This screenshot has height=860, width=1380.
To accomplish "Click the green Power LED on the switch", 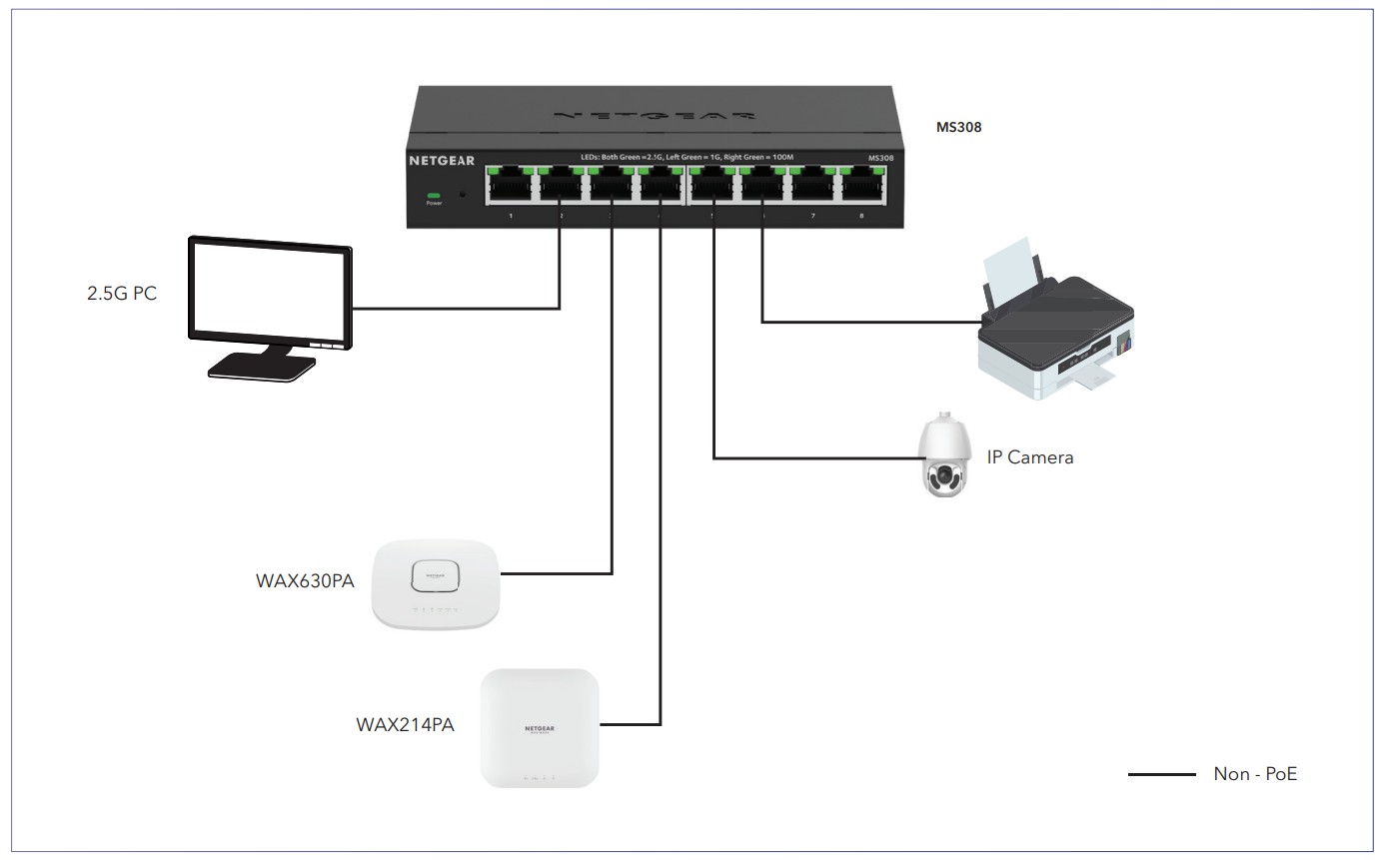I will (434, 195).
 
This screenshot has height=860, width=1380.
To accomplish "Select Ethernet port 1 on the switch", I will (510, 186).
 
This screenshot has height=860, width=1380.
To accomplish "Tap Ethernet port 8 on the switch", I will (861, 186).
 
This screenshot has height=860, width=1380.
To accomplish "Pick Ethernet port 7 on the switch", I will (811, 186).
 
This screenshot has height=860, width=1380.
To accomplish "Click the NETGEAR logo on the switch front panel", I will (442, 159).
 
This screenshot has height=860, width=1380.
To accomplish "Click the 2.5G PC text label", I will (122, 296).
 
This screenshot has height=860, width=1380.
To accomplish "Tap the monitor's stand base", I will (263, 368).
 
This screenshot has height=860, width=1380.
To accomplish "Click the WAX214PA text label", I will (405, 724).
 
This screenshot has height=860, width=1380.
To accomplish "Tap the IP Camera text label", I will (1029, 457).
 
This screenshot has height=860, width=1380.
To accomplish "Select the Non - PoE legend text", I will (1255, 773).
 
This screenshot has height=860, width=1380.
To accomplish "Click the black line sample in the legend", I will (1161, 774).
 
